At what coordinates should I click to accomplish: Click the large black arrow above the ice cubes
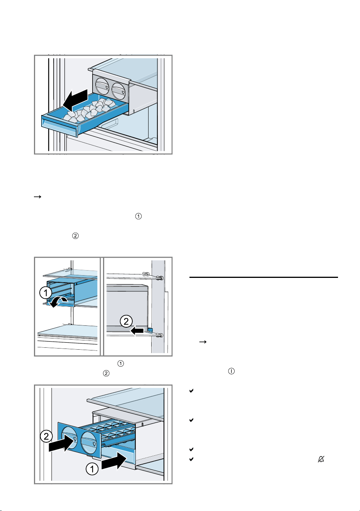coord(75,100)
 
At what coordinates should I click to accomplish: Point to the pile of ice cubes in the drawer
coord(90,110)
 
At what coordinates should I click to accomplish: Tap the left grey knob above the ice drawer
coord(101,86)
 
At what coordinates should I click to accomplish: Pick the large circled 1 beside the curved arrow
coord(46,293)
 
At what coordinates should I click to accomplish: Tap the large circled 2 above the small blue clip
coord(126,321)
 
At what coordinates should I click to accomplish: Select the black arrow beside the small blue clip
coord(137,330)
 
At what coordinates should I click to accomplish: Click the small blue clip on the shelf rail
coord(150,330)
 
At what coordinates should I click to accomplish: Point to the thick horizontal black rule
coord(264,277)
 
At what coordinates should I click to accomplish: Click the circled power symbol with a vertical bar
coord(232,371)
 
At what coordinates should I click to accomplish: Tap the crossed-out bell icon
coord(321,459)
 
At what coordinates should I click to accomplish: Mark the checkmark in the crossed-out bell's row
coord(191,459)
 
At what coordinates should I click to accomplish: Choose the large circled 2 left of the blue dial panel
coord(46,437)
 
